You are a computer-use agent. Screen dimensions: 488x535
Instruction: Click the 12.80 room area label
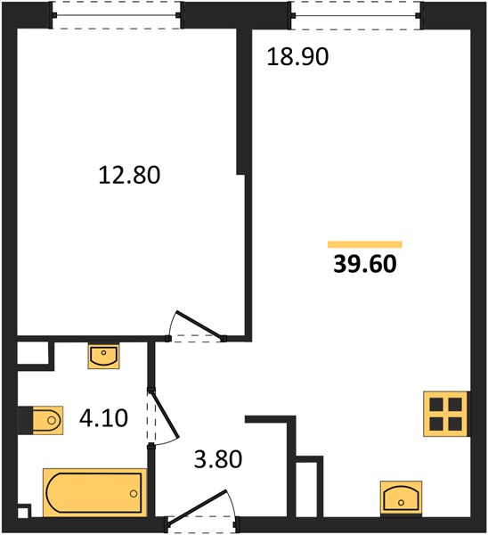pyautogui.click(x=129, y=175)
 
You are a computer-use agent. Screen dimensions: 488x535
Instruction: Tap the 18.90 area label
pyautogui.click(x=297, y=57)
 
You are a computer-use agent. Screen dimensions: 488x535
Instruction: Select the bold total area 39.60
pyautogui.click(x=365, y=264)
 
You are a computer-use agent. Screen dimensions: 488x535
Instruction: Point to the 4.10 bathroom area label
pyautogui.click(x=103, y=418)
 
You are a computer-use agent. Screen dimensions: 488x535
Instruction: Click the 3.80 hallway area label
pyautogui.click(x=218, y=459)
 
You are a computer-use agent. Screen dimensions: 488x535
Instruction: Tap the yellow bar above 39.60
pyautogui.click(x=365, y=244)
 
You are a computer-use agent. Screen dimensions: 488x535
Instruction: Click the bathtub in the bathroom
pyautogui.click(x=94, y=492)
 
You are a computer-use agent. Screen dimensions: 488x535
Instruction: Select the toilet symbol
pyautogui.click(x=47, y=420)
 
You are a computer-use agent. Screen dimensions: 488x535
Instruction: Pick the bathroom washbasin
pyautogui.click(x=103, y=356)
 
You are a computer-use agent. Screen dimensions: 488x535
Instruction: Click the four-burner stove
pyautogui.click(x=445, y=414)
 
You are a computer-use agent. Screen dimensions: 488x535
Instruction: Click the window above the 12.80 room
pyautogui.click(x=116, y=15)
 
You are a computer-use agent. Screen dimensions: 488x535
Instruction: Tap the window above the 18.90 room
pyautogui.click(x=356, y=15)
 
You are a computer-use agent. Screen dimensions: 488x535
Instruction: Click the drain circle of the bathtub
pyautogui.click(x=134, y=493)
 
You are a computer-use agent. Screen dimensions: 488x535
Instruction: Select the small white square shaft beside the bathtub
pyautogui.click(x=22, y=514)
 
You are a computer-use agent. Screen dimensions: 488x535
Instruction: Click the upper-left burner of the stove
pyautogui.click(x=436, y=405)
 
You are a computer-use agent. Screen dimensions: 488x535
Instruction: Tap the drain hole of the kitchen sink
pyautogui.click(x=401, y=503)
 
